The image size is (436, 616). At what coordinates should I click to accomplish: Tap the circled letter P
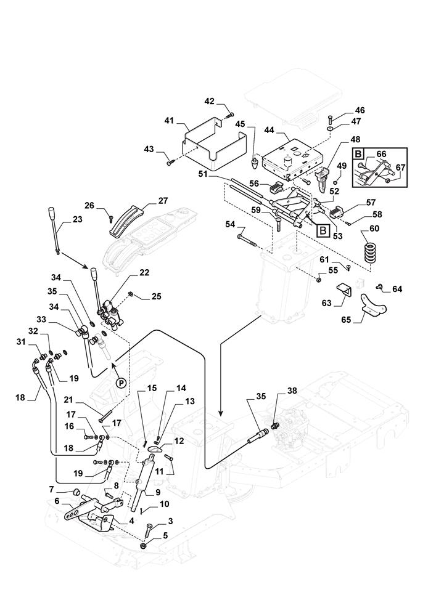(x=121, y=383)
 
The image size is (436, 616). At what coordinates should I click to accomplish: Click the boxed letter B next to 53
(x=323, y=231)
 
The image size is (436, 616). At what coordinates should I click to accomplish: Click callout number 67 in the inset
(x=400, y=167)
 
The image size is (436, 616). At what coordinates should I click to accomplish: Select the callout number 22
(x=144, y=272)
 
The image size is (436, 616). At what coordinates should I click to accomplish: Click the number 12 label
(x=179, y=441)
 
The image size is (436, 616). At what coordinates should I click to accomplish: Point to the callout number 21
(x=87, y=400)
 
